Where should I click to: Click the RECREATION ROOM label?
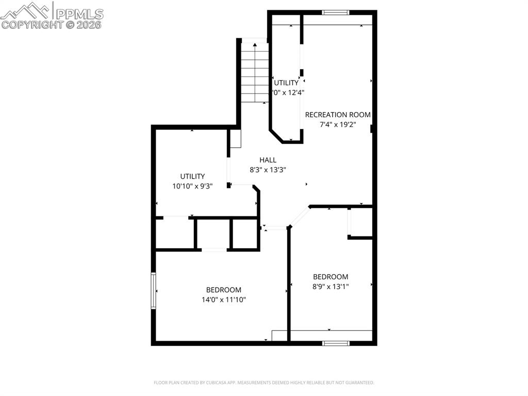(x=337, y=115)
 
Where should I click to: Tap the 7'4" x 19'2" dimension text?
(x=337, y=124)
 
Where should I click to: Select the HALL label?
(x=268, y=160)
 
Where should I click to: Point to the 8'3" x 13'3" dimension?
(x=268, y=170)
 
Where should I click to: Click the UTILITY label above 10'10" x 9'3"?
(x=192, y=176)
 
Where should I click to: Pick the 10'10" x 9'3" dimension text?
(x=192, y=186)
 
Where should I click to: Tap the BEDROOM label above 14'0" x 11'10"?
(x=223, y=290)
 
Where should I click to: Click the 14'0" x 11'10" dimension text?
(x=223, y=299)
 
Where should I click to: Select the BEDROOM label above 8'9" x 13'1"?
(x=331, y=277)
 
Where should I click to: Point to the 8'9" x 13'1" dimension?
(x=331, y=287)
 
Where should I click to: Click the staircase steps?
(x=255, y=72)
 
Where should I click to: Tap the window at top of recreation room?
(x=336, y=12)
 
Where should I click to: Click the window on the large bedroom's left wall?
(x=153, y=291)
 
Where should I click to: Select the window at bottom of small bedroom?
(x=336, y=343)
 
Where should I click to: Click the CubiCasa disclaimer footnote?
(x=263, y=383)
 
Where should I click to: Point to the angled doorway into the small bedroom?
(x=300, y=216)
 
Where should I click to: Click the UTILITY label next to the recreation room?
(x=286, y=83)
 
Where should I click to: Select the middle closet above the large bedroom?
(x=213, y=234)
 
